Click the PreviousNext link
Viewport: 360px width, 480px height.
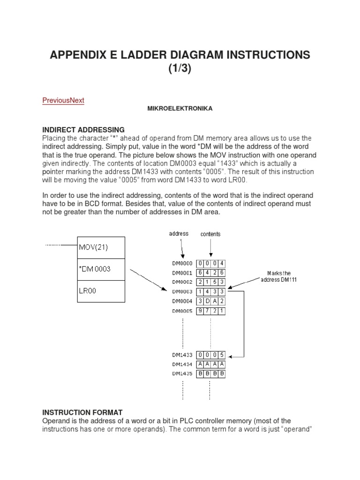click(x=63, y=100)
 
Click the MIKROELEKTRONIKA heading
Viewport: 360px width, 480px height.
click(x=180, y=109)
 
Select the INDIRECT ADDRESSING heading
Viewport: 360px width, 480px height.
click(x=83, y=129)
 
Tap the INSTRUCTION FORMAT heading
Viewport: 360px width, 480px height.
click(x=82, y=412)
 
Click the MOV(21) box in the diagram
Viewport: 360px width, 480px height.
click(x=102, y=247)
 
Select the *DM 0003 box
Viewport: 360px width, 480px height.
click(x=102, y=269)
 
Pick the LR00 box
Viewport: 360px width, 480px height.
click(x=102, y=291)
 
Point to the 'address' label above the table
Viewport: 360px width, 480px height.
click(x=179, y=233)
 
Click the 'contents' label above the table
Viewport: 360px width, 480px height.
click(x=210, y=233)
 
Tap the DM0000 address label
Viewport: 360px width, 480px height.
click(x=182, y=264)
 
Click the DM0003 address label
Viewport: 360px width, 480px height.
click(x=182, y=292)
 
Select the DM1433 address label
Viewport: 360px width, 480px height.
click(x=182, y=354)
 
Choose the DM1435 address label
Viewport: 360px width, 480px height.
click(x=182, y=374)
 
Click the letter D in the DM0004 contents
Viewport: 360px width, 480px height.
click(x=207, y=301)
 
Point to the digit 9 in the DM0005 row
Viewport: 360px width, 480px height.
click(x=200, y=310)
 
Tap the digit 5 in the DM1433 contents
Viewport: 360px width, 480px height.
click(x=222, y=354)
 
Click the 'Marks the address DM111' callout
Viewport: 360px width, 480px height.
click(x=279, y=277)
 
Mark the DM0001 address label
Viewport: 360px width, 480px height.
click(x=182, y=273)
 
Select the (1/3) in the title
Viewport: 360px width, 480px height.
click(x=180, y=69)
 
